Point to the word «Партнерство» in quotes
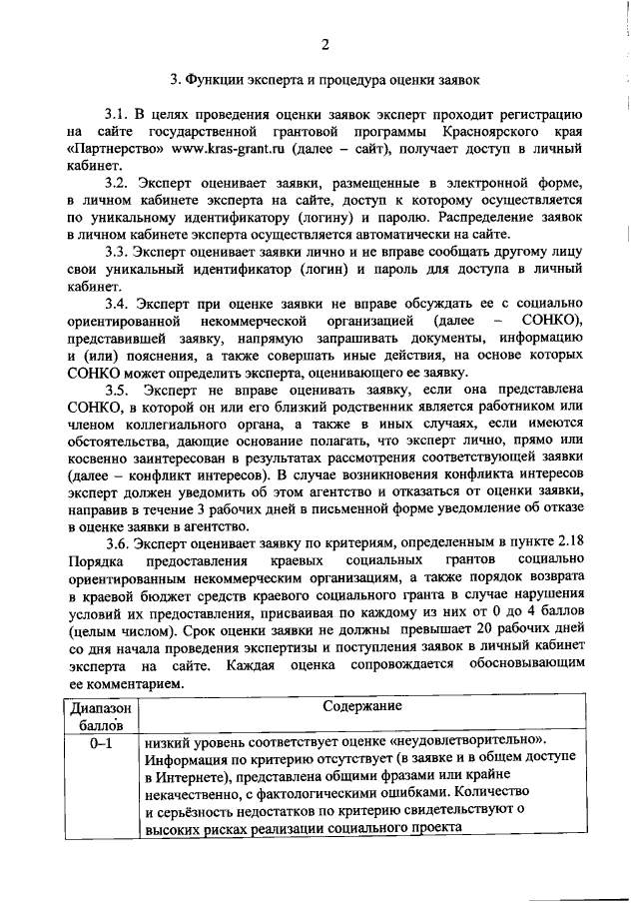(116, 148)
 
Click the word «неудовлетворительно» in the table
(476, 741)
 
